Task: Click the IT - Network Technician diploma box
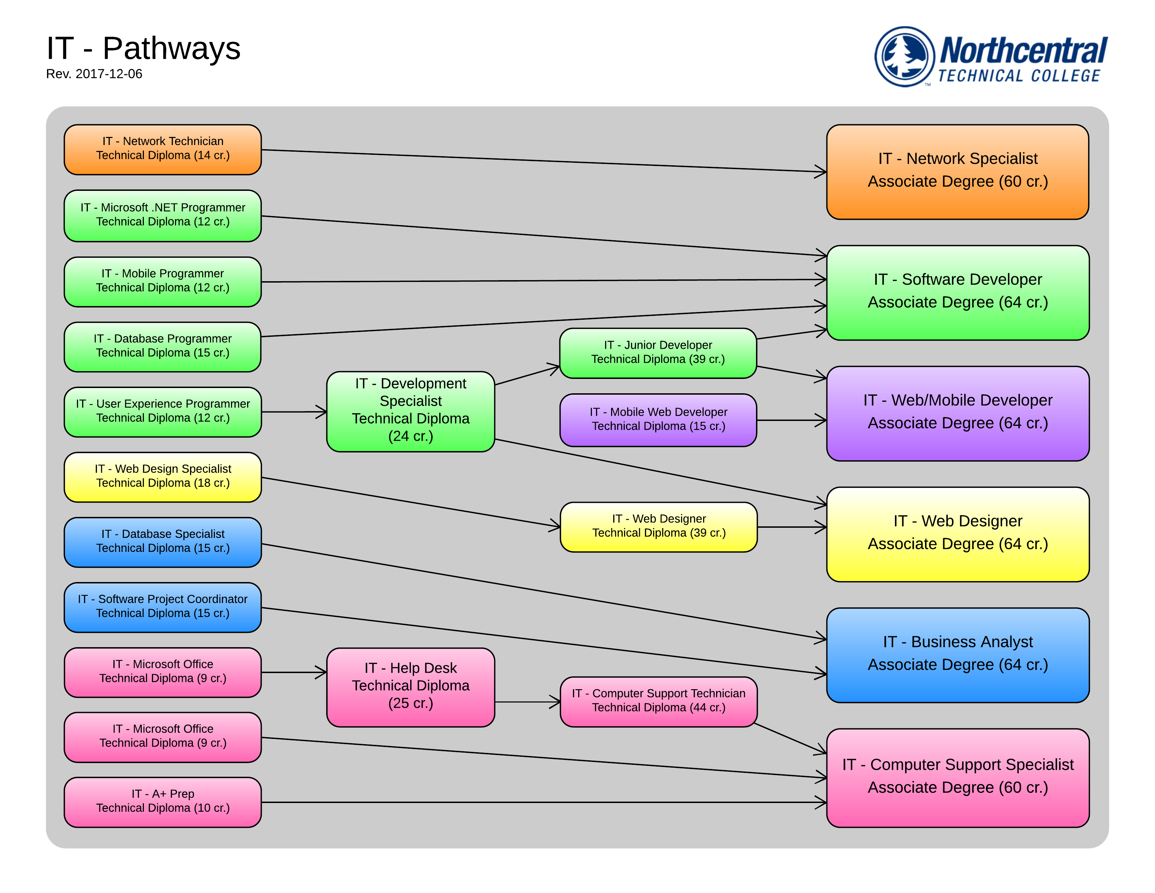162,149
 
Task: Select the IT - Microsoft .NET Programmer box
162,215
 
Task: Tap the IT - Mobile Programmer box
162,282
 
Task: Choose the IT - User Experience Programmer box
162,411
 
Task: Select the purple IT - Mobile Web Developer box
658,420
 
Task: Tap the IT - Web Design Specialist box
162,477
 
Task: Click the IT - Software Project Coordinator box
162,607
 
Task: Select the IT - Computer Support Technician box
658,701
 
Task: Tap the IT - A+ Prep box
162,802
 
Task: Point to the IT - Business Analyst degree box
957,655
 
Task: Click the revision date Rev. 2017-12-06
94,74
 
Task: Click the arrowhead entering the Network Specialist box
821,171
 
